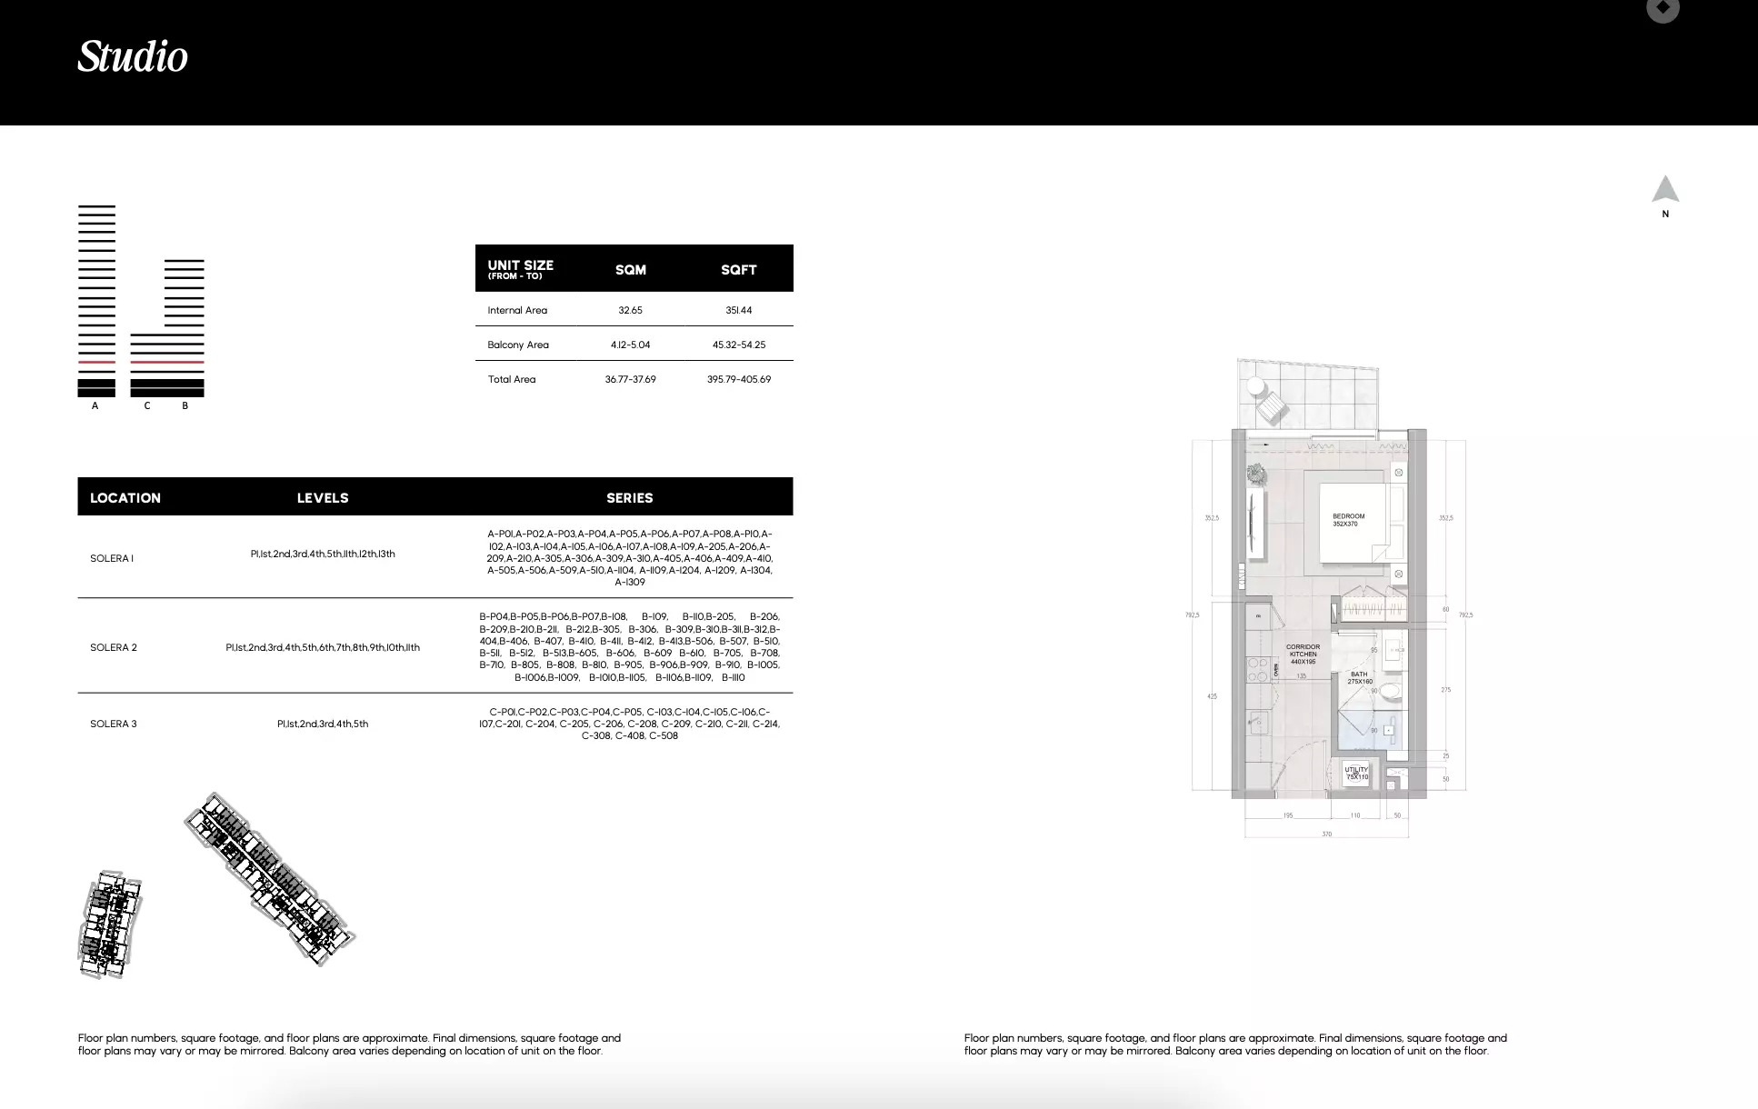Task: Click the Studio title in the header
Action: (133, 56)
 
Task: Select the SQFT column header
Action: (738, 270)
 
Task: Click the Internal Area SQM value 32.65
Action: (630, 311)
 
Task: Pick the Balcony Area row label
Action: (518, 345)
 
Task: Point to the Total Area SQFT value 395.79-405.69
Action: (738, 380)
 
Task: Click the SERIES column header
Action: (629, 498)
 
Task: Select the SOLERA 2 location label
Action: (114, 648)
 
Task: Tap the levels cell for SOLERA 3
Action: (323, 724)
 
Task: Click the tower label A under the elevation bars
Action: (95, 406)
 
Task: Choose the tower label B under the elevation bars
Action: (185, 406)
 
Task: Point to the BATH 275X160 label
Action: (1359, 678)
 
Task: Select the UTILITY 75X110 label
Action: (1356, 774)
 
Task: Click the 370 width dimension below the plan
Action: (1326, 834)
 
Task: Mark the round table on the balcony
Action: (1256, 386)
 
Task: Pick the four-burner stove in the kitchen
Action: (1257, 670)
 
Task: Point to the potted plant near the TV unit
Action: (1256, 474)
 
